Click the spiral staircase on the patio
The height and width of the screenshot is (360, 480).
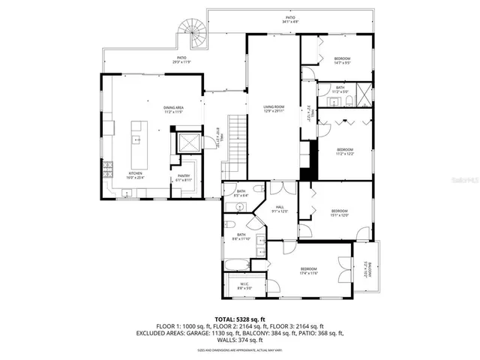[x=189, y=34]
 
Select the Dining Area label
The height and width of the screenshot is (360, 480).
[x=174, y=109]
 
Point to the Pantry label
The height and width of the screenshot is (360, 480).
[x=184, y=178]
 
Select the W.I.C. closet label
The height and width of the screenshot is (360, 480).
[x=245, y=286]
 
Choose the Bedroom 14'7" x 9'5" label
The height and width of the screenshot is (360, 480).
[x=342, y=59]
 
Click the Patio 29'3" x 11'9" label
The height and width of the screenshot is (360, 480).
[x=181, y=59]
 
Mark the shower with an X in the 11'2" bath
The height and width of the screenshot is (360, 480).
[x=363, y=96]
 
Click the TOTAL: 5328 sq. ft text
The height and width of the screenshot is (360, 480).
[x=239, y=319]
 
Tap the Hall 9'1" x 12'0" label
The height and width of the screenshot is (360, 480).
[x=279, y=209]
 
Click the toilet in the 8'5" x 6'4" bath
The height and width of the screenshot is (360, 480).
[x=256, y=189]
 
